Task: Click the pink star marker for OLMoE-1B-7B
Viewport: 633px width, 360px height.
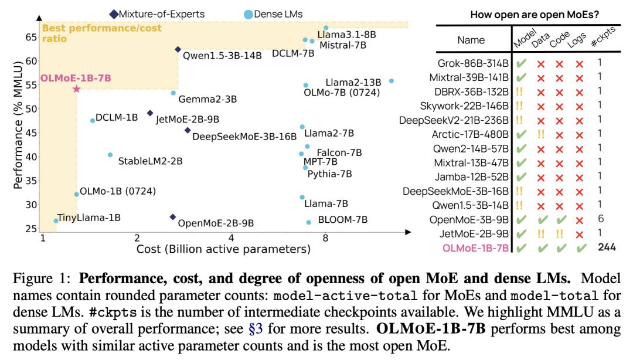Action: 76,89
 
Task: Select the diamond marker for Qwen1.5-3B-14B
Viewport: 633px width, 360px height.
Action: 178,50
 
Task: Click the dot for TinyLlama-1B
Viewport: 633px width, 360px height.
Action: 56,221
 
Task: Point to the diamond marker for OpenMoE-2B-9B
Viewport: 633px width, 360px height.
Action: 172,217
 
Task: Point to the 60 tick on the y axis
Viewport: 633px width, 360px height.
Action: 30,60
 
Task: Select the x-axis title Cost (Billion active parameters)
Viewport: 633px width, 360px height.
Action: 223,250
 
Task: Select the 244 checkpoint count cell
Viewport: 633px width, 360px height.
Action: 607,247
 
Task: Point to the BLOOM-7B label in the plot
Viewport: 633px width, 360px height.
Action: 342,220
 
